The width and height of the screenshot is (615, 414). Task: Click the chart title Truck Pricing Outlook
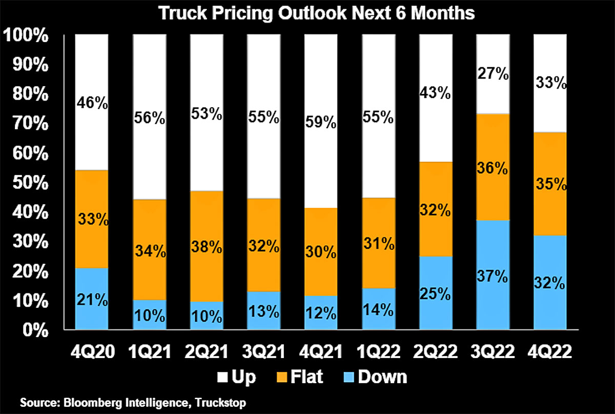(x=316, y=14)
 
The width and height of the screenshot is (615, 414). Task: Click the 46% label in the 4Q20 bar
(x=92, y=104)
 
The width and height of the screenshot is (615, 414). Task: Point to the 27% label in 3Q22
(x=493, y=74)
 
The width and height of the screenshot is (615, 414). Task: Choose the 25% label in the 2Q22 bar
(x=436, y=294)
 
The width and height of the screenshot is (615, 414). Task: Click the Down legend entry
(x=382, y=377)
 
